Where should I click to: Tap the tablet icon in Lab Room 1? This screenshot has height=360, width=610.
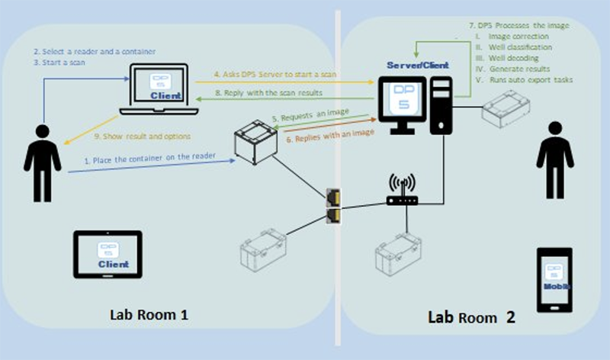point(107,254)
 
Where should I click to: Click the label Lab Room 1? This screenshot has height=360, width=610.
point(148,315)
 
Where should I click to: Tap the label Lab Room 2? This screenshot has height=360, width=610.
point(470,317)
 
